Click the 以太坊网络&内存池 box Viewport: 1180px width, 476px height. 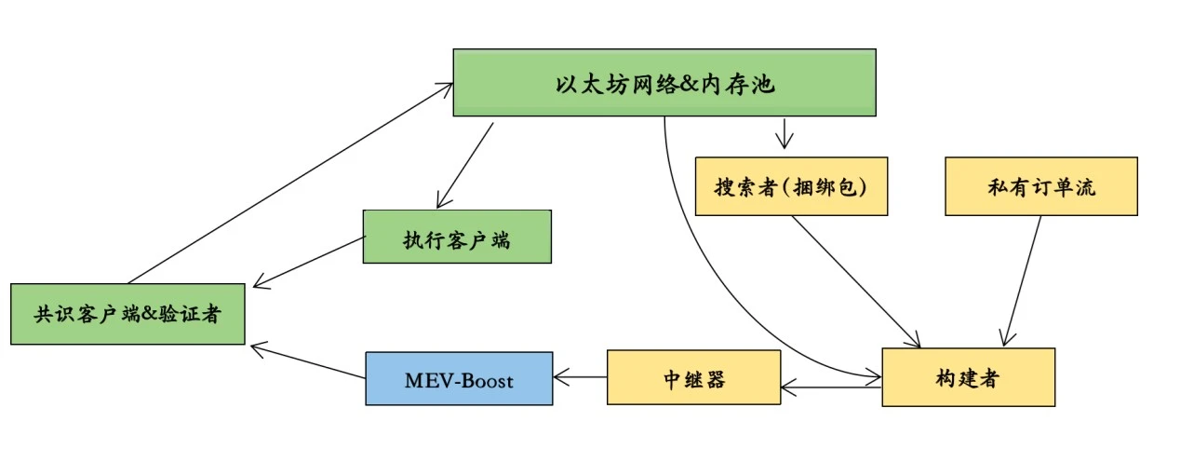[x=664, y=83]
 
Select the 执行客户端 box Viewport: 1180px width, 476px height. [x=456, y=237]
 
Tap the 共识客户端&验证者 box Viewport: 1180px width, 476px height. [x=127, y=314]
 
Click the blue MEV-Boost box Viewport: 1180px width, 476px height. [x=459, y=378]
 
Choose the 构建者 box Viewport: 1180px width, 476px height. [x=968, y=376]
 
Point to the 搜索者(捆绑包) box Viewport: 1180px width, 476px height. [x=790, y=186]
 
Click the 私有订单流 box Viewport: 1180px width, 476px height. [x=1041, y=186]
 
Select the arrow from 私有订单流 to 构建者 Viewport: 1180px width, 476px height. [x=1023, y=279]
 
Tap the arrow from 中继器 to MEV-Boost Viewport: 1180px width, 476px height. [x=580, y=378]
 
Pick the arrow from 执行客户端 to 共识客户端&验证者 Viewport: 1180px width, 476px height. [x=308, y=262]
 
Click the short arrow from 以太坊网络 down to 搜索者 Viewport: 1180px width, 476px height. [x=784, y=132]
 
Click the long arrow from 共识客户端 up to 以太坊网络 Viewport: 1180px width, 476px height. [x=288, y=183]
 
